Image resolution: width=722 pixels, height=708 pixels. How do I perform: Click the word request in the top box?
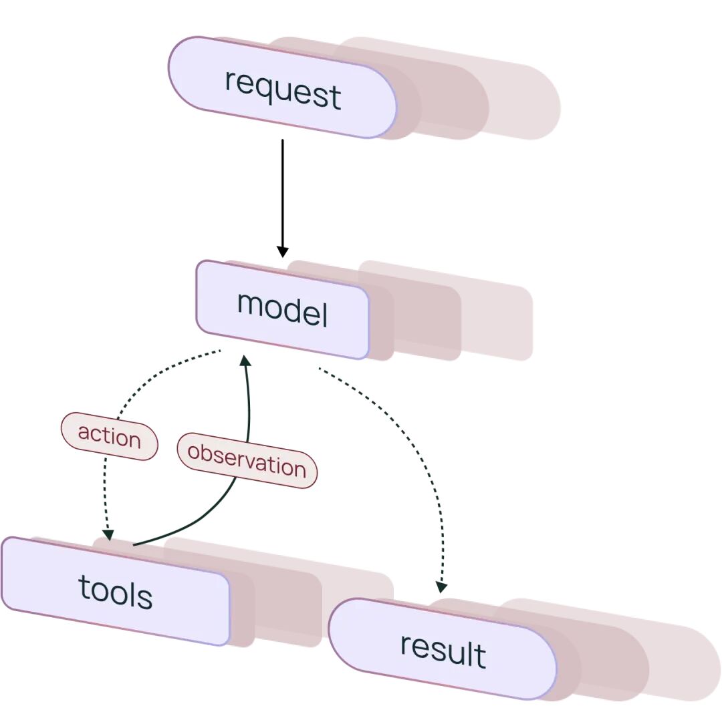click(283, 90)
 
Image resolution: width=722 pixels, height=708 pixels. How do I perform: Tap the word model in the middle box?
click(282, 309)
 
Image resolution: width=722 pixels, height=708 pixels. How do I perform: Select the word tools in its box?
click(116, 592)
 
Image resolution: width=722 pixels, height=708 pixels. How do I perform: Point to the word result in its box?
click(443, 650)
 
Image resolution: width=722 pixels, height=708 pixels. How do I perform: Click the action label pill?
click(110, 436)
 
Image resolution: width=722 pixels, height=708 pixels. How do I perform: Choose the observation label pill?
click(247, 460)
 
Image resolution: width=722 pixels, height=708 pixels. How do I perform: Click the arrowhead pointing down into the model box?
click(283, 252)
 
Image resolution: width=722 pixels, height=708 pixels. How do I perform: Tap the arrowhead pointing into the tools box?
click(108, 535)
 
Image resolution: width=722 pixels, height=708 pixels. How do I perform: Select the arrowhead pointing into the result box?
click(441, 588)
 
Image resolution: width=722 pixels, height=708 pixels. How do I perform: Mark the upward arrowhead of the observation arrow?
click(245, 360)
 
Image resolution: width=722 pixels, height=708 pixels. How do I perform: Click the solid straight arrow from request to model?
click(283, 198)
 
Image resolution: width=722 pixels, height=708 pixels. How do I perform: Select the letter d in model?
click(298, 308)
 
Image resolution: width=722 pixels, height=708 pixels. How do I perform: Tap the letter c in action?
click(96, 433)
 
